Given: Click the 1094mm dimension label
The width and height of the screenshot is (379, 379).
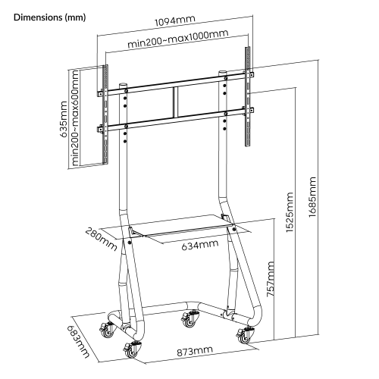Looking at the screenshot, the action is [175, 20].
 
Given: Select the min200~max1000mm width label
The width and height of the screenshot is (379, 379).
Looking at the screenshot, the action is [178, 39].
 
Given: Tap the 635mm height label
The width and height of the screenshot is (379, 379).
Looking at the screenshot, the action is [64, 119].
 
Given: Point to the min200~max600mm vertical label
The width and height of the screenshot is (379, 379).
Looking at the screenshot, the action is [75, 117].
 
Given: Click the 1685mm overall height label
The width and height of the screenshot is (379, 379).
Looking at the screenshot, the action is [312, 197].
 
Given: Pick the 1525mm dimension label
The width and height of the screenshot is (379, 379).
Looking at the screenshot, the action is [290, 212].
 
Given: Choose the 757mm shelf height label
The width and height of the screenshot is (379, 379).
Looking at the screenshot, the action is [271, 279].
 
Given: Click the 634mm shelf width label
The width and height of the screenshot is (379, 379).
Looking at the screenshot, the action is [200, 245].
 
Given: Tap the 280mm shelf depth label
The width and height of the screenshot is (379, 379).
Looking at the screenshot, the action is [101, 239].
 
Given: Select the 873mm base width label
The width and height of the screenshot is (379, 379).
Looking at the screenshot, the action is [195, 351].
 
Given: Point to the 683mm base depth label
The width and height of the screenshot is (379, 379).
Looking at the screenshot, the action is [78, 342].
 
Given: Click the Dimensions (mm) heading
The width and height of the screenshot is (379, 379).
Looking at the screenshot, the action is [50, 17].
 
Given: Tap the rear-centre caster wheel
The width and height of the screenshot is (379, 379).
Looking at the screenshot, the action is [190, 319].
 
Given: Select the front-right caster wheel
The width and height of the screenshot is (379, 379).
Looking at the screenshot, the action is [244, 335].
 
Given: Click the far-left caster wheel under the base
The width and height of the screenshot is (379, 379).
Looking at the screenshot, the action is [108, 330].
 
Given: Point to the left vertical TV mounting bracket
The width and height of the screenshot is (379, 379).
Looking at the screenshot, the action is [105, 114].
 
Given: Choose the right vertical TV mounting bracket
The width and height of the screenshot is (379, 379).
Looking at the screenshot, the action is [248, 96].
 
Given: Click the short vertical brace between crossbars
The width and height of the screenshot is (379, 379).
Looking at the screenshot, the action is [176, 102].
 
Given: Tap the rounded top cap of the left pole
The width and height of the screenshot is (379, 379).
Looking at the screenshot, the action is [123, 85].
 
